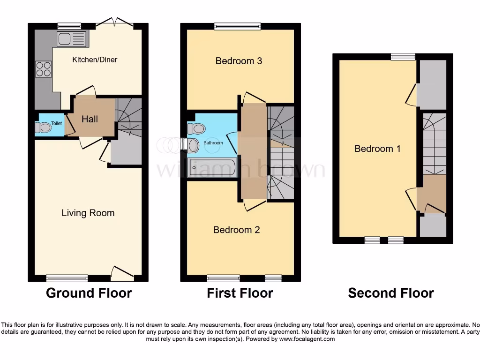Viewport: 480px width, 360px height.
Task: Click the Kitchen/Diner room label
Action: [x=94, y=60]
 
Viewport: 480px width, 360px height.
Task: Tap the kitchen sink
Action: [x=71, y=39]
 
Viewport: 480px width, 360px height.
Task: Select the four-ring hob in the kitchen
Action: [x=44, y=69]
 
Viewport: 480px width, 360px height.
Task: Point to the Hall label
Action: [x=90, y=119]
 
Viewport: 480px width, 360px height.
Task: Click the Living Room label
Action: [x=88, y=213]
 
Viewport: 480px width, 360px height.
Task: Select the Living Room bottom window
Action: [x=67, y=278]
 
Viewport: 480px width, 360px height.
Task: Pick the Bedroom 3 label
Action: [x=239, y=61]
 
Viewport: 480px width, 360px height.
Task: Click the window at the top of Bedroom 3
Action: [x=238, y=27]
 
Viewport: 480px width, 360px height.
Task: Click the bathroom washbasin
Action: [x=193, y=145]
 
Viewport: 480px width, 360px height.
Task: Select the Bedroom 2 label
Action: [x=236, y=230]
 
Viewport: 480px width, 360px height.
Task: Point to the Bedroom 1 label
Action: [x=377, y=149]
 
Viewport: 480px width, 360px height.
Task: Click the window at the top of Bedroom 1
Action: [x=403, y=57]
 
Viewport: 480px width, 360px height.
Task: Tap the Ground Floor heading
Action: [x=89, y=293]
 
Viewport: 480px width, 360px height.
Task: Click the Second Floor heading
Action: [x=390, y=293]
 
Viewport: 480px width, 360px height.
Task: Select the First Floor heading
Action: [x=240, y=293]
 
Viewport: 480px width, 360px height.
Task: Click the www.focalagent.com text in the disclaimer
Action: [x=308, y=339]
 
